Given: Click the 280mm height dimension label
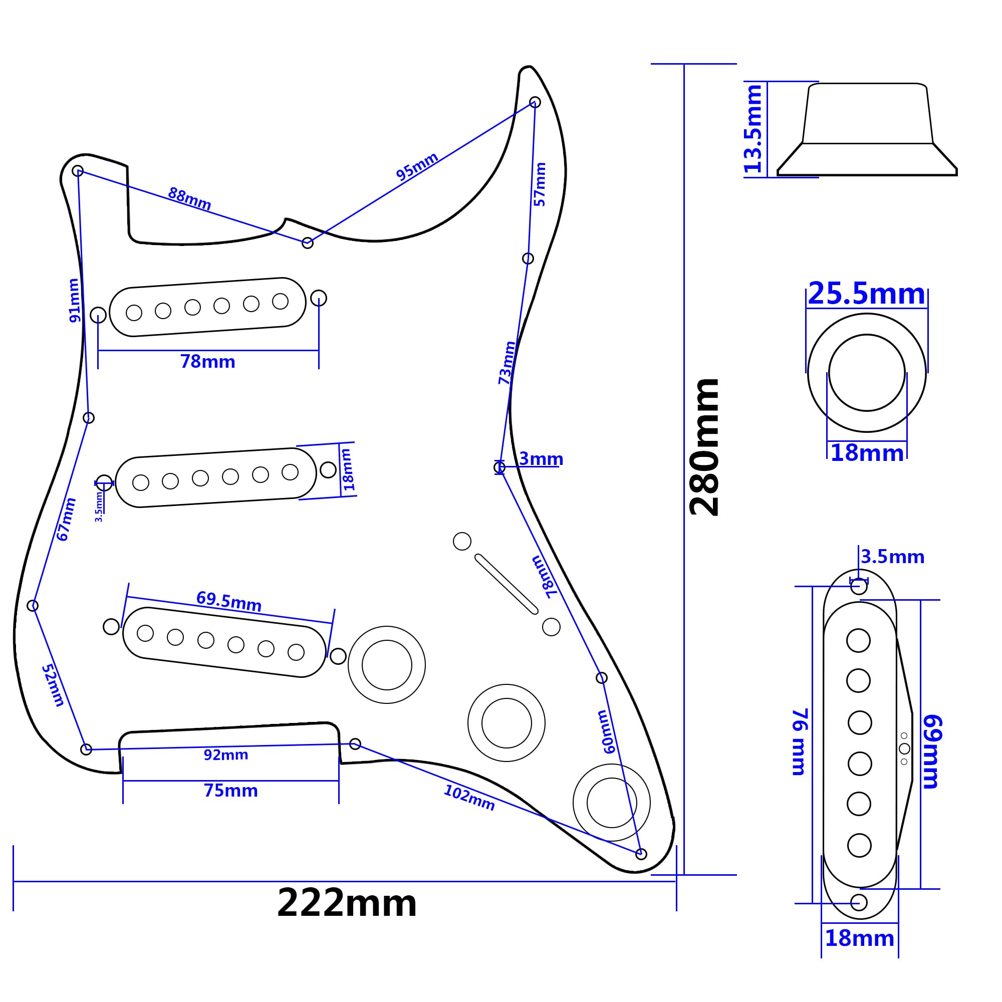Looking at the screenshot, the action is tap(704, 447).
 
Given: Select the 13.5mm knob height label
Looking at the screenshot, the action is tap(753, 129).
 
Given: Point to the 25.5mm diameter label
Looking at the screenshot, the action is tap(866, 294).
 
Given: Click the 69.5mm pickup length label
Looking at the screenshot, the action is tap(229, 602).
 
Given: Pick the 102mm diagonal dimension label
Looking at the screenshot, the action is tap(469, 797).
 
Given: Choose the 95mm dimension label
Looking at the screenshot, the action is tap(417, 166).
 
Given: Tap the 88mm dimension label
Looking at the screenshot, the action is tap(189, 198).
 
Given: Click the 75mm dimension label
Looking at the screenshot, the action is tap(231, 791).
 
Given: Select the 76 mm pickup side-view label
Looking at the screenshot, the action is tap(799, 742).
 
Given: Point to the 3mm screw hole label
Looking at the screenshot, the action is tap(541, 458).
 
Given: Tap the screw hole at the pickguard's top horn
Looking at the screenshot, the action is tap(535, 102).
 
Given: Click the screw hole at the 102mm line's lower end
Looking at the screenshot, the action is tap(641, 854).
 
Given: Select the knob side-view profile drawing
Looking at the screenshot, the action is tap(867, 129).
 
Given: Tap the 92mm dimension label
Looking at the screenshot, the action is tap(226, 755).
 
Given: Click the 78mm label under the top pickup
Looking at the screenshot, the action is tap(207, 362).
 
